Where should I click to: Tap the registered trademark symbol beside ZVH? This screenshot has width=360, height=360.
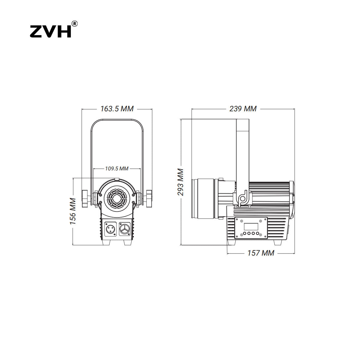tap(74, 24)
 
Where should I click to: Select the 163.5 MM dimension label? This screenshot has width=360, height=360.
tap(117, 109)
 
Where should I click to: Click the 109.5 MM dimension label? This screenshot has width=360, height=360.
tap(117, 169)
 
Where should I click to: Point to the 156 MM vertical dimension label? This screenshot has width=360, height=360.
tap(73, 211)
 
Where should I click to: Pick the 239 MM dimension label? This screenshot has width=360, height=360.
tap(243, 109)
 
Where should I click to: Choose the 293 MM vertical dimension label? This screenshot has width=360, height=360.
tap(181, 182)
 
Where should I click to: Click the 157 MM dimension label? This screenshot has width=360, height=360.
tap(261, 253)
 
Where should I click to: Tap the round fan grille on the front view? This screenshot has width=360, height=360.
tap(117, 199)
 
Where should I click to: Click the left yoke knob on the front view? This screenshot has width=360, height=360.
tap(85, 199)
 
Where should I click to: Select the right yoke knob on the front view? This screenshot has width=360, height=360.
tap(149, 199)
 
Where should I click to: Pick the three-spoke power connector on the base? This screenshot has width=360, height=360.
tap(124, 229)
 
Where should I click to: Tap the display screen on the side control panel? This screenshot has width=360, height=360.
tap(251, 226)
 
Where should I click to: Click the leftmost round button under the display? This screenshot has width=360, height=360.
tap(244, 233)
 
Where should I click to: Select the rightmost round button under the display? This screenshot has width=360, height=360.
tap(257, 233)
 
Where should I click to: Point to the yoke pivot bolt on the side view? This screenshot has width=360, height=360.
tap(242, 199)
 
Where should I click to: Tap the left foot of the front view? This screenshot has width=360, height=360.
tap(106, 242)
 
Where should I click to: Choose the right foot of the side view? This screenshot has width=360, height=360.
tap(277, 242)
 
